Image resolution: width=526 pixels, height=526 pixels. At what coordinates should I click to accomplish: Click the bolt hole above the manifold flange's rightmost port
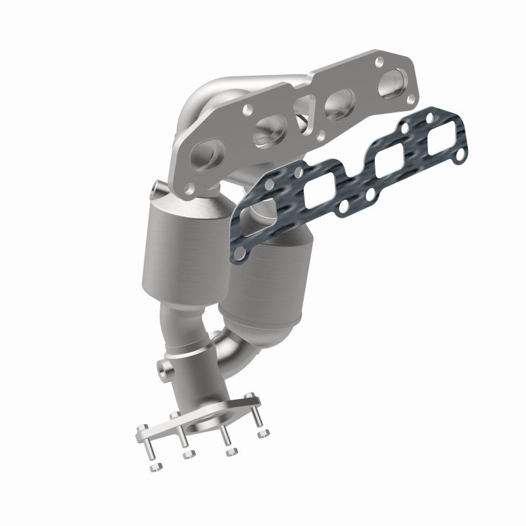coord(380,62)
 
